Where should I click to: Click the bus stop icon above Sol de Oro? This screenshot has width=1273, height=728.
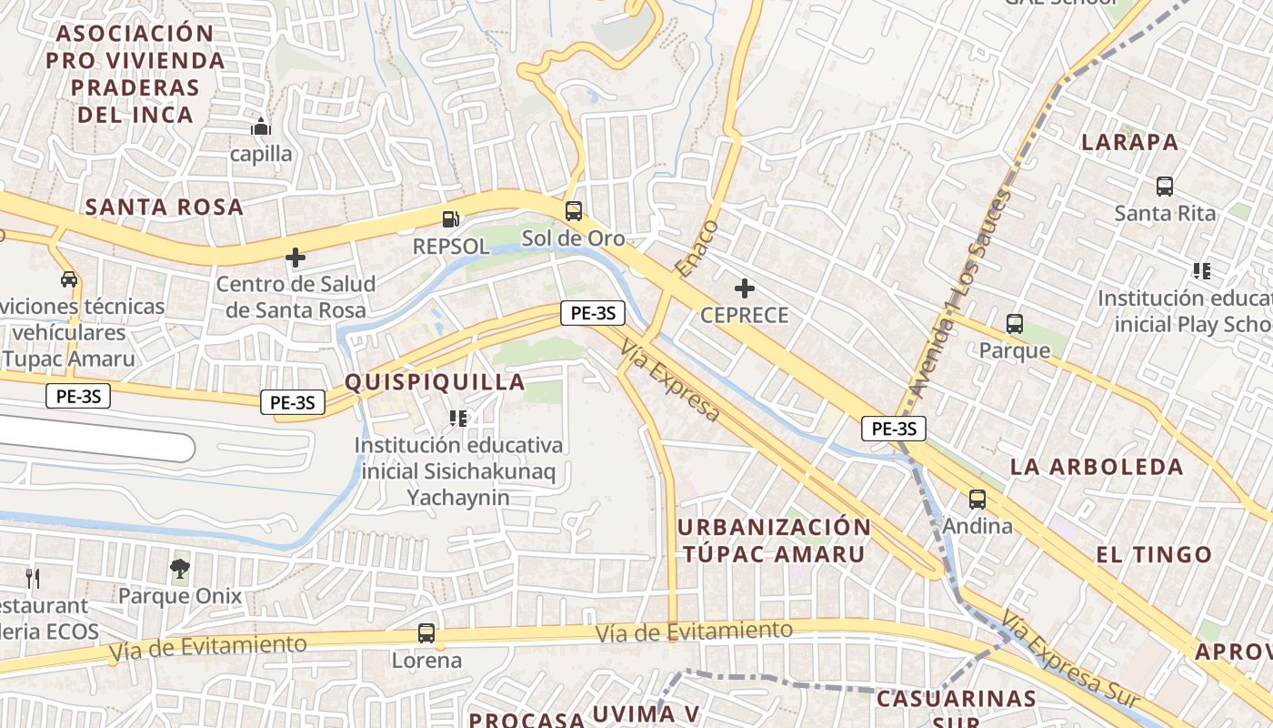(x=573, y=211)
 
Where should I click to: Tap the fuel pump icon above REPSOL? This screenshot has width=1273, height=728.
(x=450, y=218)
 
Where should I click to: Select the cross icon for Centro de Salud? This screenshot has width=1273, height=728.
(x=296, y=258)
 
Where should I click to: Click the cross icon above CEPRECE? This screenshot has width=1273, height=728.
(x=745, y=289)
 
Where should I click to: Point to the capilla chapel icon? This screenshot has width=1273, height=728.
(x=261, y=126)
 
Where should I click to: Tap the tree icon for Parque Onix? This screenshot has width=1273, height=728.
(x=180, y=569)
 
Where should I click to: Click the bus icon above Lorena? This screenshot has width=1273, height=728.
(x=426, y=632)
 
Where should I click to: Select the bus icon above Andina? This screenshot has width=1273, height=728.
(x=977, y=499)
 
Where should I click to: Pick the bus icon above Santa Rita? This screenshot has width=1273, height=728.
(x=1165, y=187)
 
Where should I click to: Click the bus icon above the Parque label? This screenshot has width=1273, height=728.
(x=1015, y=323)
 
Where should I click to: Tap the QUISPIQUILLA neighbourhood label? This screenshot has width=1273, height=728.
(x=436, y=382)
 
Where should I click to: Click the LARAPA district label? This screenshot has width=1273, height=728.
(x=1130, y=143)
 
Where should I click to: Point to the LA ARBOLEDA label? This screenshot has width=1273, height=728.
(x=1098, y=468)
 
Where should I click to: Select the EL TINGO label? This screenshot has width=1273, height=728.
(x=1154, y=555)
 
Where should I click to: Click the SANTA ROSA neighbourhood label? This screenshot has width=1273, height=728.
(x=165, y=207)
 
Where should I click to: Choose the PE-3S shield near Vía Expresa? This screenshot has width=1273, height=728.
(x=593, y=314)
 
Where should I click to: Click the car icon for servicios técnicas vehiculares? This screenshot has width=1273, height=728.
(x=69, y=278)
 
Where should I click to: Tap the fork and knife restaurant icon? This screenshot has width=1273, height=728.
(x=33, y=577)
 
